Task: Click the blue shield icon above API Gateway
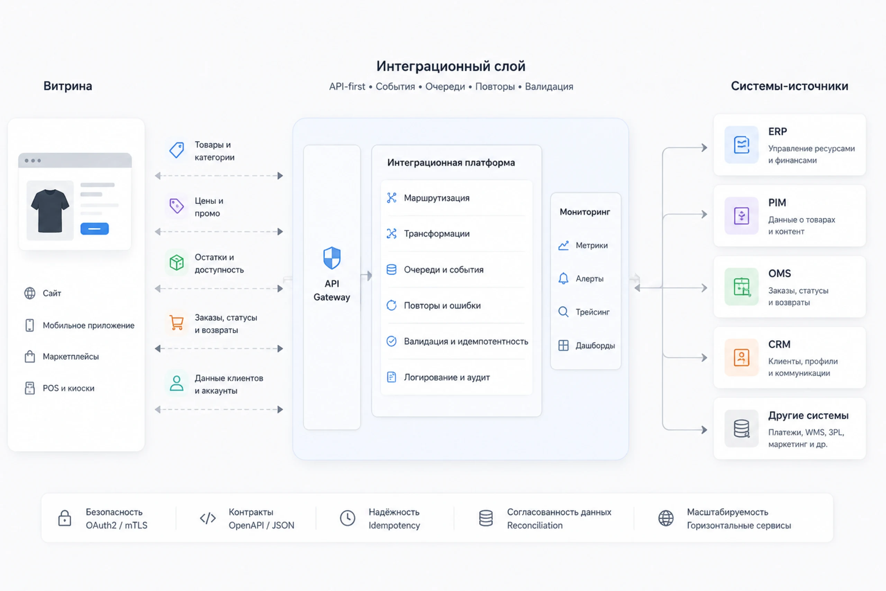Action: [x=332, y=258]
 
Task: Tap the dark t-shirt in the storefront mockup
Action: [x=50, y=211]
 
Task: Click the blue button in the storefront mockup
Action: [x=94, y=229]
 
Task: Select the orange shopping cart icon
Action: [x=176, y=323]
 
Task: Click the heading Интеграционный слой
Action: [x=451, y=66]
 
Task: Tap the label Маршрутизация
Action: [x=436, y=198]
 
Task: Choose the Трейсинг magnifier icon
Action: [x=563, y=312]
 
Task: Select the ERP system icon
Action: [x=741, y=145]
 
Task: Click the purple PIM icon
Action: [x=741, y=216]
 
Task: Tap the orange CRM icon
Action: [x=741, y=357]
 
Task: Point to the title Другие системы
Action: [x=808, y=415]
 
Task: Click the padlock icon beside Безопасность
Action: [x=64, y=518]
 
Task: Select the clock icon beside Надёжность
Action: [x=347, y=518]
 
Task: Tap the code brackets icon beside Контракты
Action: [x=208, y=518]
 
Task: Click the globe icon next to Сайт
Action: [x=30, y=293]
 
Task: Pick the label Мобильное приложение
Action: [x=89, y=325]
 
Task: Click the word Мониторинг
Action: [x=585, y=212]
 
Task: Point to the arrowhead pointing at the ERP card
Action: [x=704, y=148]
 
